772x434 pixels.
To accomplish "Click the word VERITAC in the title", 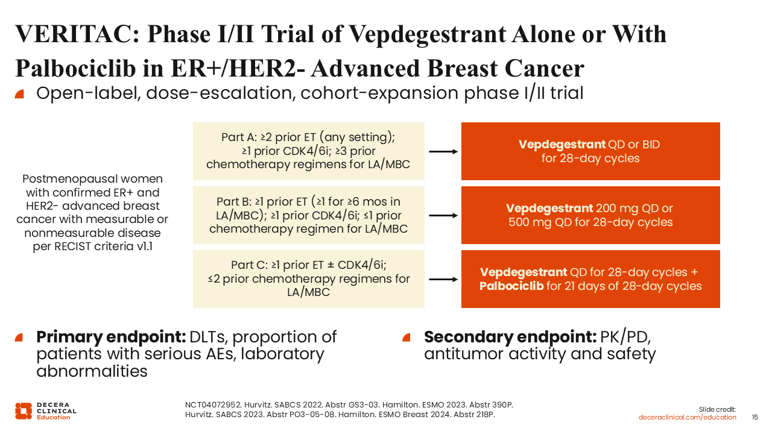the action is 77,34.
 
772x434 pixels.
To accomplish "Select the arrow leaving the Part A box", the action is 443,151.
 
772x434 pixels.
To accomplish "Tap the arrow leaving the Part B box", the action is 443,216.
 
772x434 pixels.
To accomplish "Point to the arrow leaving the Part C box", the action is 443,279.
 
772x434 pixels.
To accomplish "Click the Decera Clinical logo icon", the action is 24,411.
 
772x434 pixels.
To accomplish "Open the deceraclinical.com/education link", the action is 687,417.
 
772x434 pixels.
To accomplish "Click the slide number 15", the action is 755,417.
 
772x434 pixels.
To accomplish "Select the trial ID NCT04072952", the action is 213,404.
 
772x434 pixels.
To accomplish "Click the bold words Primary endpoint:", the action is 111,336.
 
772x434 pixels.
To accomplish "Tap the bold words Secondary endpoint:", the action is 510,336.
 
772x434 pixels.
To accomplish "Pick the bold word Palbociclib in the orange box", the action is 511,286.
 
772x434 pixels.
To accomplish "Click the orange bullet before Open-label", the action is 19,93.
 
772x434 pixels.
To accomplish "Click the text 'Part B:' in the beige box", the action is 234,201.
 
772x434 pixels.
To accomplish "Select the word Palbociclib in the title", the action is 75,68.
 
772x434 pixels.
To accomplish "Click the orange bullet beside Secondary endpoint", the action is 407,337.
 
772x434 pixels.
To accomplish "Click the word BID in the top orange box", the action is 651,144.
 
